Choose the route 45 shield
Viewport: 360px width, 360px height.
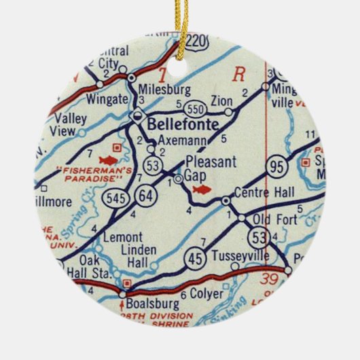pos(194,256)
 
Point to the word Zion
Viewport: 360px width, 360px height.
pos(222,101)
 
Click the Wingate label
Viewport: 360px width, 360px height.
pos(107,99)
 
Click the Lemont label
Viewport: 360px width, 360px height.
pos(122,237)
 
